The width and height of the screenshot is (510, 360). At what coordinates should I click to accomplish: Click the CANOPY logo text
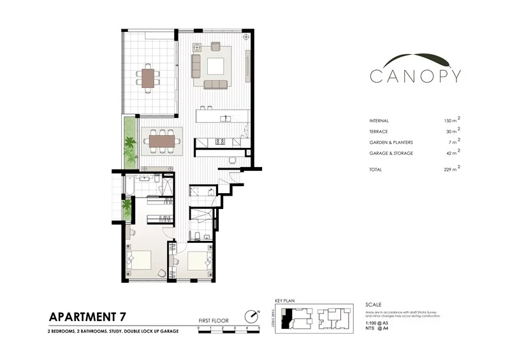tap(416, 76)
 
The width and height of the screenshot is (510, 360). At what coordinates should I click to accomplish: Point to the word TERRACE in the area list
tap(381, 131)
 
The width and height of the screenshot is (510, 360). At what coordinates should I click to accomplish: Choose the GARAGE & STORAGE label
tap(391, 153)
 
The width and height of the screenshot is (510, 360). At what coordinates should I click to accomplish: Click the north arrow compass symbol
tap(252, 316)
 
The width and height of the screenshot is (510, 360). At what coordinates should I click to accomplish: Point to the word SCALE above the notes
tap(374, 304)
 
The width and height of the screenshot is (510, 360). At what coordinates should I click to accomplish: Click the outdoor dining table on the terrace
tap(148, 78)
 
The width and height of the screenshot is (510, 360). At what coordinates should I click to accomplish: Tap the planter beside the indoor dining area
tap(131, 141)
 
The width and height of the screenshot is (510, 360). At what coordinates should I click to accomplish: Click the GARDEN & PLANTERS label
tap(390, 142)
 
